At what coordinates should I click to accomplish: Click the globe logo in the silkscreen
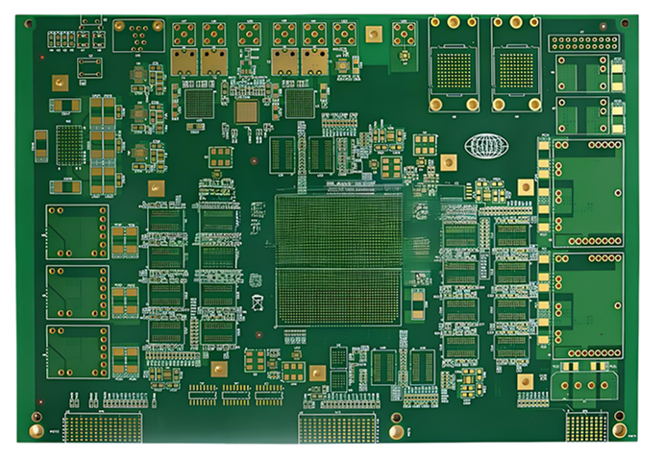485,146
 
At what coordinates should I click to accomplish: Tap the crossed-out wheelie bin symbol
257,304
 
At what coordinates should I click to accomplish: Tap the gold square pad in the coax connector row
374,35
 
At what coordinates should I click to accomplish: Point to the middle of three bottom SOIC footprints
235,393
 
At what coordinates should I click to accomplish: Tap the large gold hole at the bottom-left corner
36,419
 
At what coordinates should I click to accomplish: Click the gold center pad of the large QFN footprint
247,110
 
